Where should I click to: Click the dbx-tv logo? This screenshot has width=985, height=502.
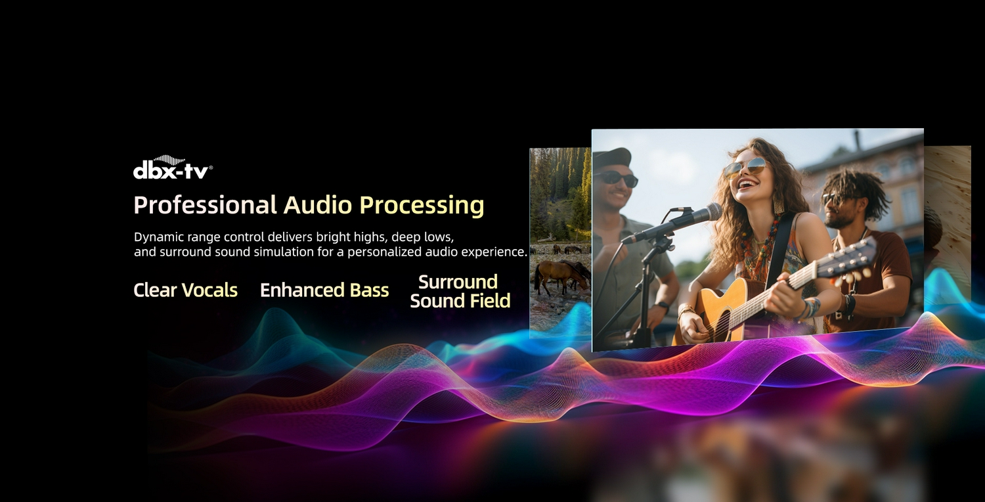(x=173, y=167)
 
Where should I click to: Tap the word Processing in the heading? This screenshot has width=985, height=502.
(x=422, y=206)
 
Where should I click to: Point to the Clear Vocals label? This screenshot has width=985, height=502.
(x=186, y=290)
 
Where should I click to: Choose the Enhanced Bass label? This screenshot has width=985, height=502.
(x=324, y=290)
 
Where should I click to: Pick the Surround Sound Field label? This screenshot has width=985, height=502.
(x=460, y=291)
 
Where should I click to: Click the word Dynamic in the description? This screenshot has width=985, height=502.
(x=159, y=238)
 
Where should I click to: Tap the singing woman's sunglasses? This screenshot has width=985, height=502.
(x=746, y=167)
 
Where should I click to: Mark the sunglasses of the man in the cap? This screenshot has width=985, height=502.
(x=616, y=178)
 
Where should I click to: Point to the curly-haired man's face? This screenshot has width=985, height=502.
(x=840, y=204)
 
